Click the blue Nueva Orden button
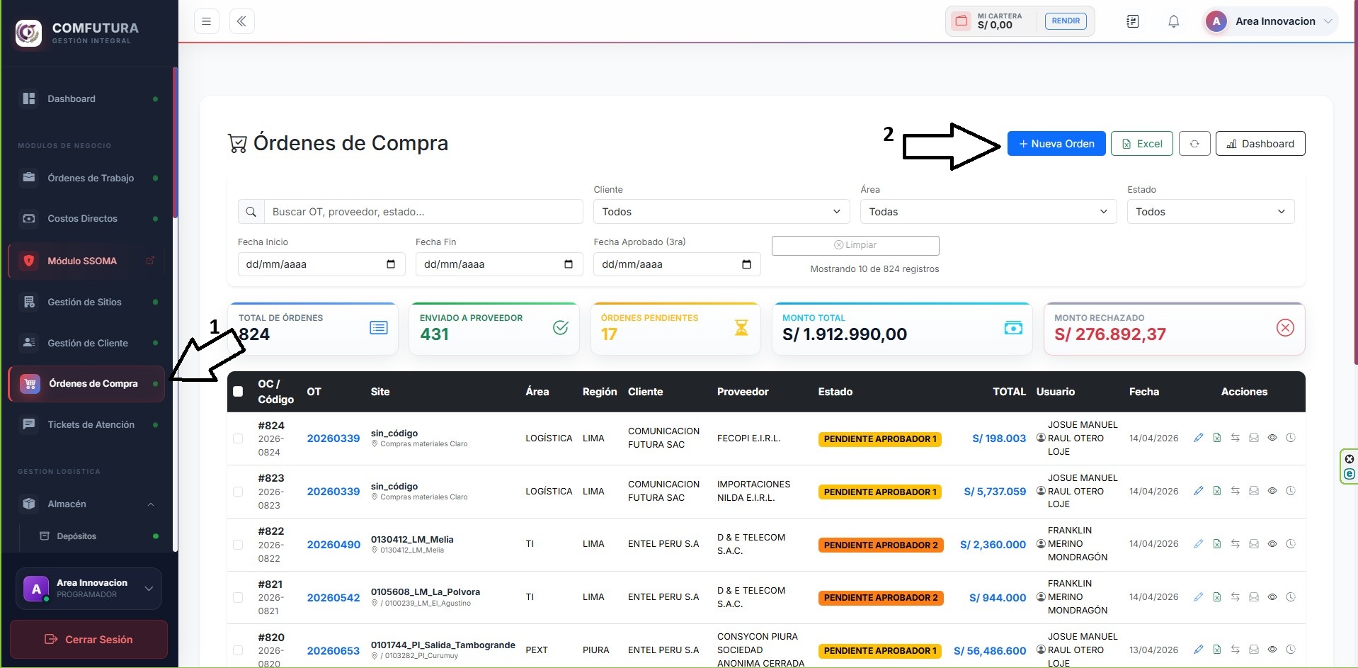[1056, 144]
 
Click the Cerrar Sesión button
[89, 639]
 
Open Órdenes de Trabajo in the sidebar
[90, 178]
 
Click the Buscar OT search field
[423, 212]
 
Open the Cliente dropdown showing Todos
[721, 212]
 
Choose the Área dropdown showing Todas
[988, 212]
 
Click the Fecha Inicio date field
[321, 264]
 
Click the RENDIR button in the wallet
[1066, 21]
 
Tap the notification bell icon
[1173, 21]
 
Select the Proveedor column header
[743, 392]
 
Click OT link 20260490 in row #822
[333, 544]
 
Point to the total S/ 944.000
[998, 597]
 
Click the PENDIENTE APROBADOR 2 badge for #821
[881, 597]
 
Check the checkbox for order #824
[238, 438]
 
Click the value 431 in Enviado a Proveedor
[434, 334]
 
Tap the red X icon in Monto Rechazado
[1284, 327]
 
